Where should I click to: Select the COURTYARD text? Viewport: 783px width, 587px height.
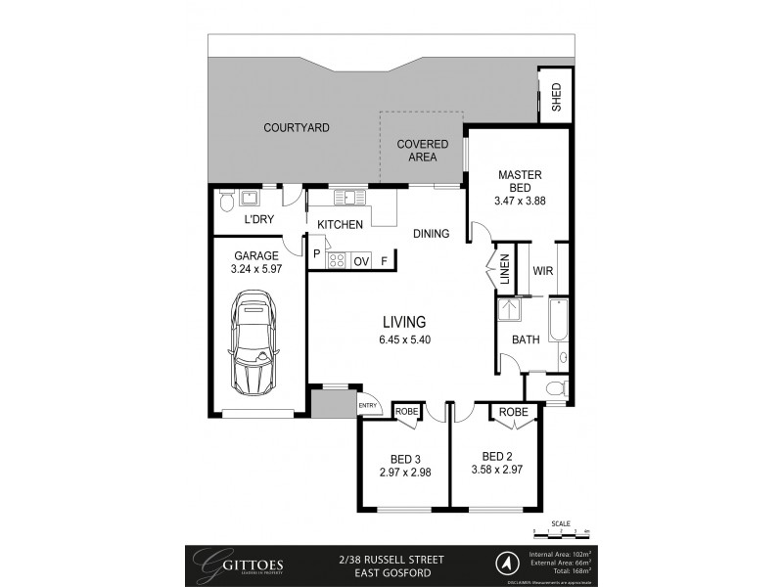(x=296, y=128)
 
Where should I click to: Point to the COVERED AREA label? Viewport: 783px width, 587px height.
(x=422, y=150)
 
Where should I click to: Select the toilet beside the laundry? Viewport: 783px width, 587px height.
(x=226, y=201)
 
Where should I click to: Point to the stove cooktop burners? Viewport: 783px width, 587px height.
(x=336, y=260)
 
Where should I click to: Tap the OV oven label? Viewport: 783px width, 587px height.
(x=361, y=261)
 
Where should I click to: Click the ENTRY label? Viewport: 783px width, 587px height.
(x=368, y=406)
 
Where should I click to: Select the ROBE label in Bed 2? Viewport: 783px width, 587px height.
(x=513, y=413)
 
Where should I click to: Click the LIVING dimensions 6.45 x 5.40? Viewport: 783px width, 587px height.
(x=404, y=341)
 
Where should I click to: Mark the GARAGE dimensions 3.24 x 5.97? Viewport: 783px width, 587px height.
(x=255, y=269)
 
